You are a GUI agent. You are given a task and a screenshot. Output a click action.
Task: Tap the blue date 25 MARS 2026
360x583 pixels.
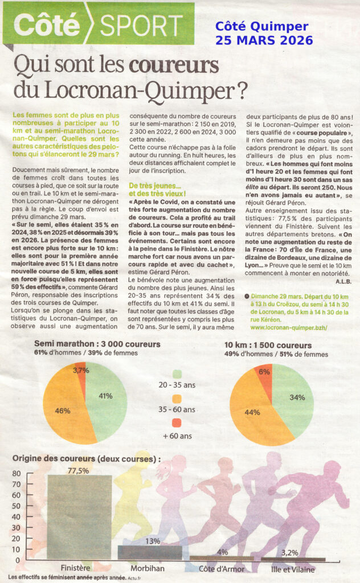(264, 40)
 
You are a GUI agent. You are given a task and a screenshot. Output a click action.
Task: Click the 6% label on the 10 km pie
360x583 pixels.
(264, 371)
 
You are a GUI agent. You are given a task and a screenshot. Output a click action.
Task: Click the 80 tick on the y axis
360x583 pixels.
(15, 474)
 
